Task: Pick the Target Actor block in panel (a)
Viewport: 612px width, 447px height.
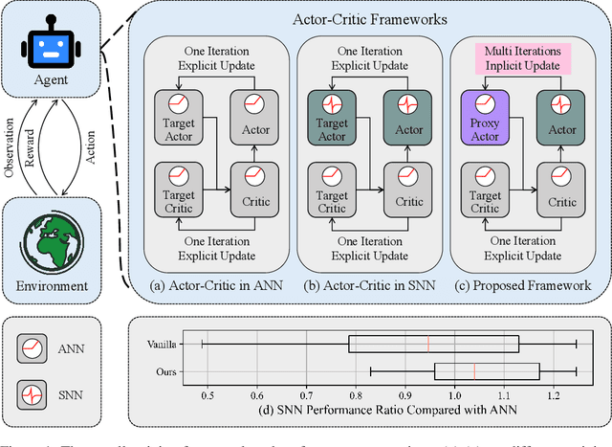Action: (177, 117)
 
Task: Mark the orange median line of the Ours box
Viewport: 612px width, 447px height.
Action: (474, 370)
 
